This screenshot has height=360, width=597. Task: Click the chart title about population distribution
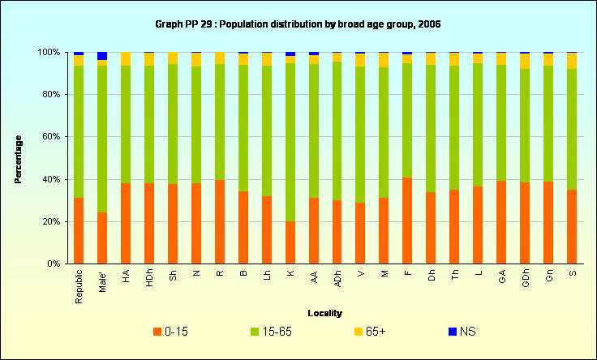(298, 24)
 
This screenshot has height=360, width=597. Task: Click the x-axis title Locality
(324, 313)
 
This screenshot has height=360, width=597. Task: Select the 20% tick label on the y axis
(51, 221)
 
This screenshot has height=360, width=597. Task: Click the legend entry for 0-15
(172, 331)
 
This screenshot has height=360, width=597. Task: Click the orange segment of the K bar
(290, 242)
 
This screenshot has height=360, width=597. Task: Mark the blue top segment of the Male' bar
(101, 56)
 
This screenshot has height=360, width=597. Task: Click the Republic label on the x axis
(79, 287)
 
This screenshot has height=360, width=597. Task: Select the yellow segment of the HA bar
(126, 58)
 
